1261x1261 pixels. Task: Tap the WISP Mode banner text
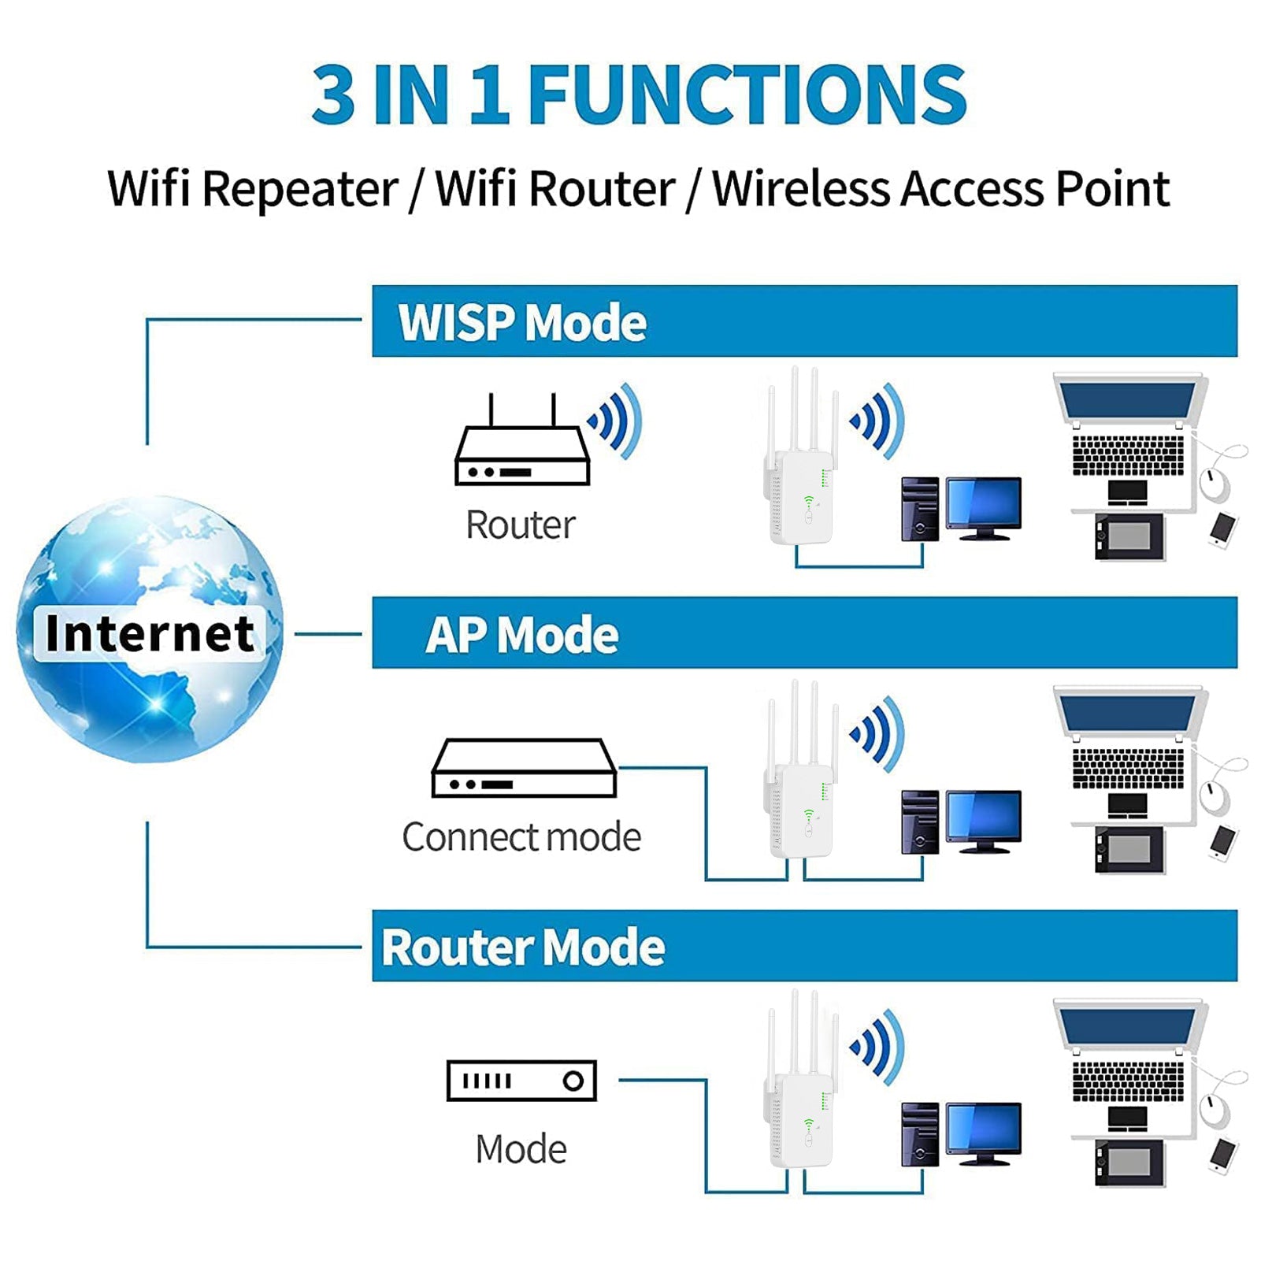tap(521, 323)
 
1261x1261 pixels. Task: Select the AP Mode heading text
tap(521, 635)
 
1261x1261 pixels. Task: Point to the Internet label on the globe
tap(150, 633)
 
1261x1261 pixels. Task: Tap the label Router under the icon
tap(520, 525)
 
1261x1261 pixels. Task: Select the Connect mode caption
tap(521, 836)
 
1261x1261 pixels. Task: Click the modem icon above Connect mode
tap(524, 768)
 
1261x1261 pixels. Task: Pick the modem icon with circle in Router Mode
tap(521, 1081)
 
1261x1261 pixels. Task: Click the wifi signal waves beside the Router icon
tap(616, 421)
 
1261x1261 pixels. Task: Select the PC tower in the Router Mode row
tap(920, 1134)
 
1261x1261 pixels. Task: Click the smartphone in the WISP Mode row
tap(1222, 529)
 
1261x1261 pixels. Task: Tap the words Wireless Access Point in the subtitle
tap(940, 189)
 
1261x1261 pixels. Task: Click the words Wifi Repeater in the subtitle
tap(252, 189)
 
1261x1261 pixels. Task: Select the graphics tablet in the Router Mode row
tap(1129, 1161)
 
